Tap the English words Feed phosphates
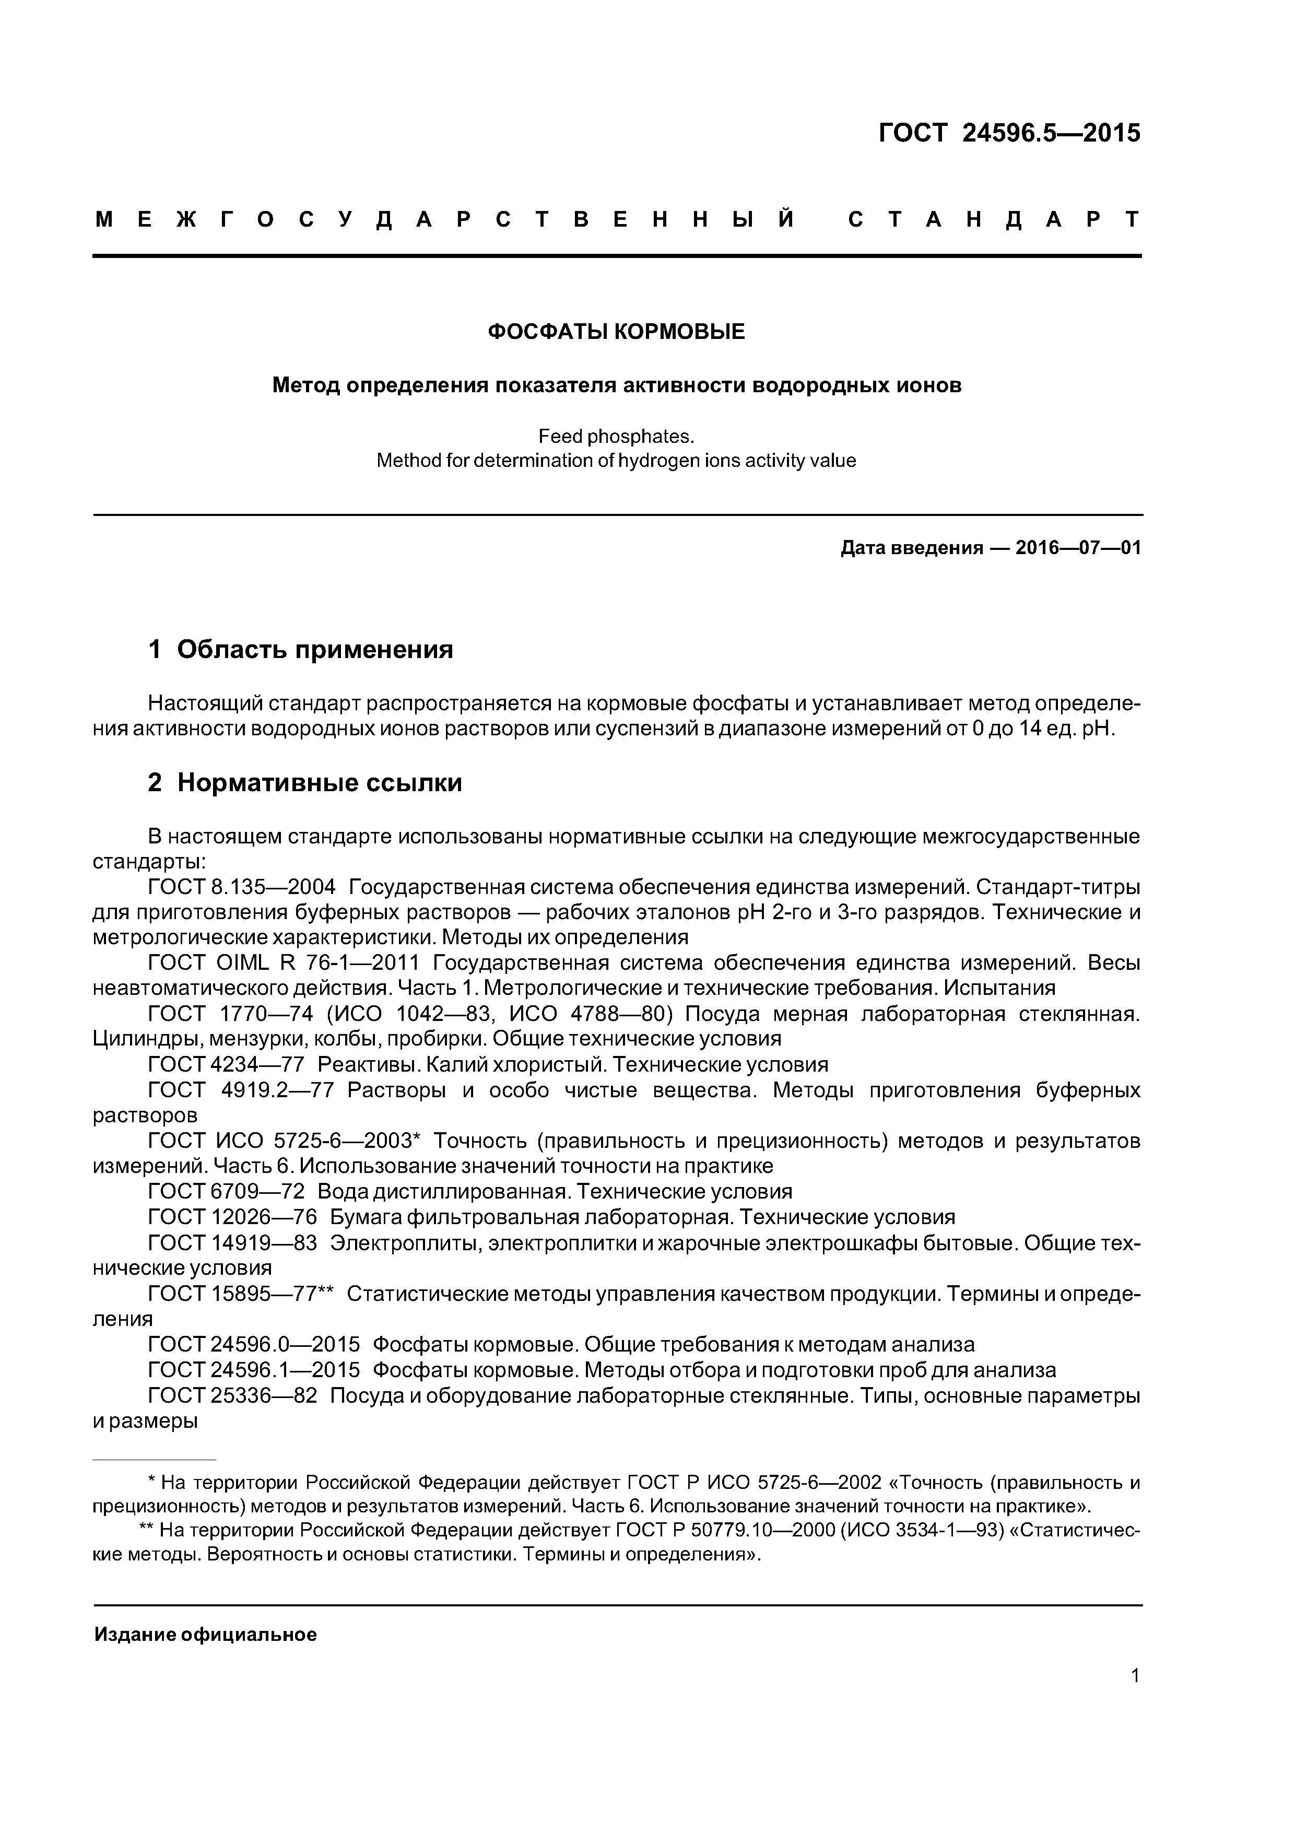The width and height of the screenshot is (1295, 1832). [616, 437]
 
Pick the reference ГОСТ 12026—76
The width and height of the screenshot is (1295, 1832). [232, 1217]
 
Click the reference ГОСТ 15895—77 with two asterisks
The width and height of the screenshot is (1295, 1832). [241, 1294]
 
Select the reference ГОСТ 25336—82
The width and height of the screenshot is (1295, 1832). [232, 1395]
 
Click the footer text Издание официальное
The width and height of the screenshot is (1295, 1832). [205, 1635]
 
